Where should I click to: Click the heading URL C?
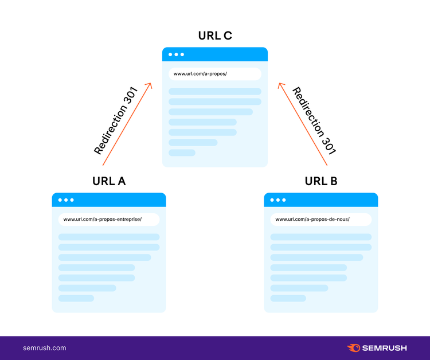click(215, 36)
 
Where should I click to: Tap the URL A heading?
click(109, 181)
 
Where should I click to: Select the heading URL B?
click(321, 181)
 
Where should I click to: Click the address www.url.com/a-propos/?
click(200, 74)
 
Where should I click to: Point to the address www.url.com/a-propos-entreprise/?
click(102, 220)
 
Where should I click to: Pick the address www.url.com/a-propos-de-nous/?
click(312, 220)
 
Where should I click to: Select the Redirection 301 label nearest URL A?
click(115, 120)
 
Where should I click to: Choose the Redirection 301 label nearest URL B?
click(314, 120)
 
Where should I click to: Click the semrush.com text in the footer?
click(44, 348)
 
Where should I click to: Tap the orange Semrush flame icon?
click(354, 347)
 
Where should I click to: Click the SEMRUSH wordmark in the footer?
click(385, 348)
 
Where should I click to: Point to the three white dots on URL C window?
click(176, 54)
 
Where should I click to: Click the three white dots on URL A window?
click(66, 200)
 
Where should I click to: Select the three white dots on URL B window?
click(278, 200)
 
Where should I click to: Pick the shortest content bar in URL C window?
click(182, 152)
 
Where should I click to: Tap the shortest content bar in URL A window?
click(76, 298)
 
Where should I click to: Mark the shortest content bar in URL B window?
click(288, 298)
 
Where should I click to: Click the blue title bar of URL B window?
click(321, 200)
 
